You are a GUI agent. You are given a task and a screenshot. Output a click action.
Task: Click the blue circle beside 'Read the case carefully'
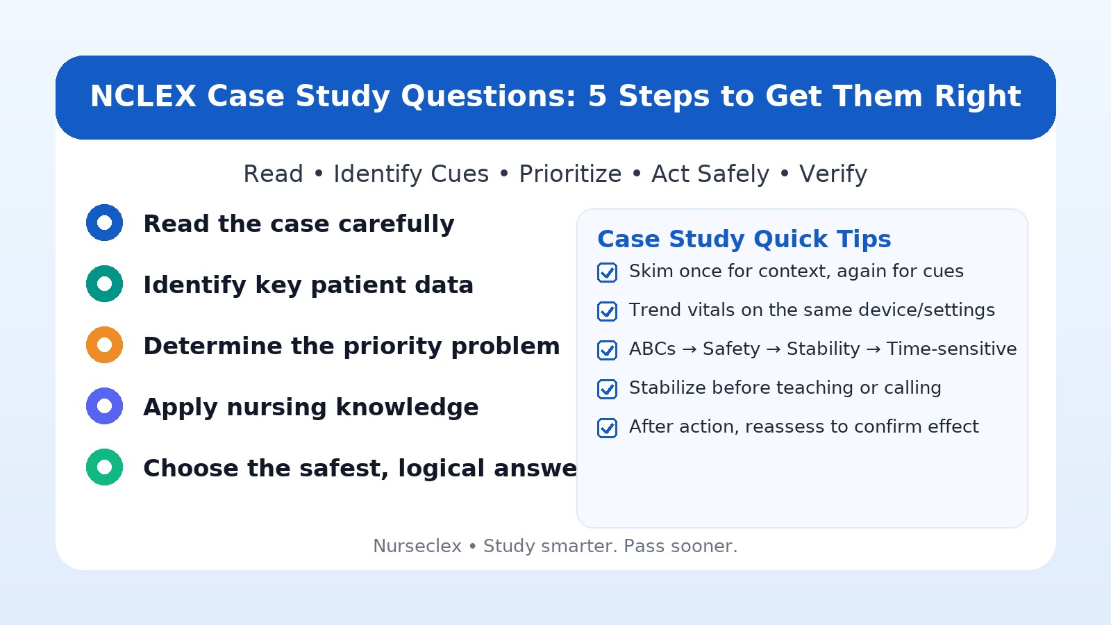pyautogui.click(x=104, y=223)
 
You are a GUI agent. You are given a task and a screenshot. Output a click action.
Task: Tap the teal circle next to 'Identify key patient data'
pyautogui.click(x=104, y=284)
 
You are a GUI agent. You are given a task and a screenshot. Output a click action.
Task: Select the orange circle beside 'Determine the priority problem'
pyautogui.click(x=104, y=345)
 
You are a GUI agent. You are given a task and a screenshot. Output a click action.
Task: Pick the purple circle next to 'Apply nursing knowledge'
pyautogui.click(x=104, y=406)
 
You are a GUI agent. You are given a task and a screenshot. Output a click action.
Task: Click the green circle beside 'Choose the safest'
pyautogui.click(x=104, y=467)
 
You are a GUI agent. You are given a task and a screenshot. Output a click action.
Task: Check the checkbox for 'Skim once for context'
pyautogui.click(x=607, y=272)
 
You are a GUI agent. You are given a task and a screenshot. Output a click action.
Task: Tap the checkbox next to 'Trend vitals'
pyautogui.click(x=607, y=311)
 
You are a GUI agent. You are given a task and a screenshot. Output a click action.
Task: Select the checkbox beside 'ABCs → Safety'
pyautogui.click(x=607, y=350)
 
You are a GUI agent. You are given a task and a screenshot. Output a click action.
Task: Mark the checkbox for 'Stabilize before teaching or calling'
pyautogui.click(x=607, y=389)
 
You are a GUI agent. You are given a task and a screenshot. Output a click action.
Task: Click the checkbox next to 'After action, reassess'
pyautogui.click(x=607, y=428)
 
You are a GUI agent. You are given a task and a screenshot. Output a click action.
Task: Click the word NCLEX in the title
pyautogui.click(x=143, y=97)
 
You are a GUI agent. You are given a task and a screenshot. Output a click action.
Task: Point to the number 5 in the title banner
pyautogui.click(x=597, y=97)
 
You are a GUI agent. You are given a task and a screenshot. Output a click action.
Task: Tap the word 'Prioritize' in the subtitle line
pyautogui.click(x=570, y=174)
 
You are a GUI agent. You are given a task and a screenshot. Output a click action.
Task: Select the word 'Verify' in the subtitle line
pyautogui.click(x=833, y=174)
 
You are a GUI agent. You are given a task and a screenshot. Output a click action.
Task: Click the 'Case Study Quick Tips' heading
pyautogui.click(x=744, y=239)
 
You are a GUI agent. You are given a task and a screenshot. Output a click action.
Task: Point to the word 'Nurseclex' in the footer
pyautogui.click(x=417, y=547)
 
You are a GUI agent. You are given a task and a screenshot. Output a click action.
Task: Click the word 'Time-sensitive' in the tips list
pyautogui.click(x=951, y=349)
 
